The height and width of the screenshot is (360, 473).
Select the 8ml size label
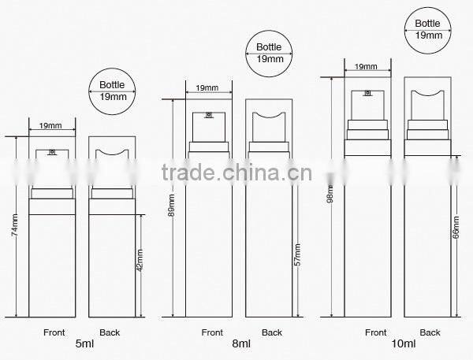[240, 344]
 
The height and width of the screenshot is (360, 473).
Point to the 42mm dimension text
[141, 260]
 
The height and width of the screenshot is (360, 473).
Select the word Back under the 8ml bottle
[272, 332]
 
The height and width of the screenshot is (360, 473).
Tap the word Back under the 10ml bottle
[430, 332]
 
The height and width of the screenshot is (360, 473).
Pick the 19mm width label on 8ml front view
[208, 88]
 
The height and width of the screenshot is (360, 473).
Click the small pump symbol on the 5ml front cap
[51, 151]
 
